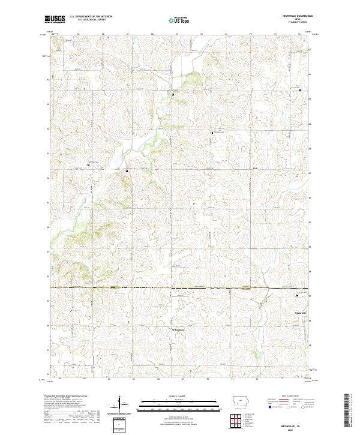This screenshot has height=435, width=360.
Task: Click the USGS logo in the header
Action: (56, 19)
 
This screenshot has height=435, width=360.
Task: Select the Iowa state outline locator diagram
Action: (241, 402)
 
